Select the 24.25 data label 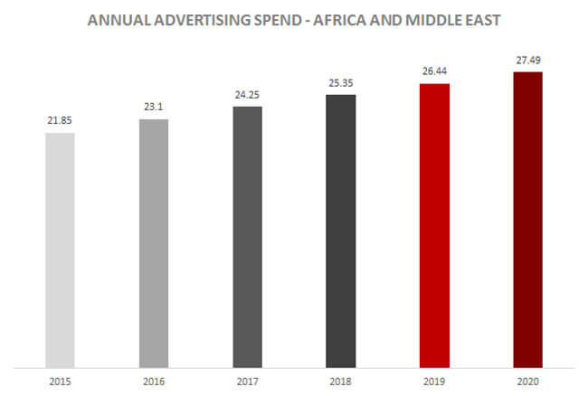coord(247,94)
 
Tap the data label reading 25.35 coord(340,81)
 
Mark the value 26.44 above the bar coord(434,71)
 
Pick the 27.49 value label coord(527,59)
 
